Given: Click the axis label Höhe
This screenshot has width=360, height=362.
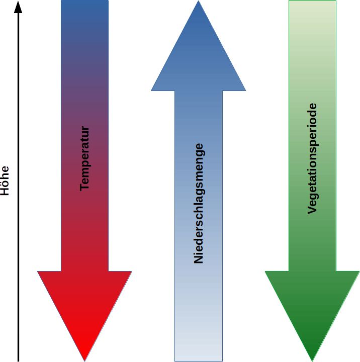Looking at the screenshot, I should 5,181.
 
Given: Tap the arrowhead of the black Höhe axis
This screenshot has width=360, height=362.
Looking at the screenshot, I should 19,7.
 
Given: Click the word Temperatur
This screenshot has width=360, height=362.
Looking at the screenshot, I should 84,158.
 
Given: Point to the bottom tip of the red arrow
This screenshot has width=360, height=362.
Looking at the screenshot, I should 84,359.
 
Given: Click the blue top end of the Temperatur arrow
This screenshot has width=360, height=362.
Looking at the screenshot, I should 84,8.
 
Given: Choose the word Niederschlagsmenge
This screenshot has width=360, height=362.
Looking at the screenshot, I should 199,203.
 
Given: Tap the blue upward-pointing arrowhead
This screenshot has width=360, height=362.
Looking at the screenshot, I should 199,55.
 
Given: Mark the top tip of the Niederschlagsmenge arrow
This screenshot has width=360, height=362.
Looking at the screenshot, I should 199,2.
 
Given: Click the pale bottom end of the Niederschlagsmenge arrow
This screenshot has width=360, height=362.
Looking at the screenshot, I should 199,354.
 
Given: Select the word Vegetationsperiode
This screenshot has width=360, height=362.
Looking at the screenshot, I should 312,158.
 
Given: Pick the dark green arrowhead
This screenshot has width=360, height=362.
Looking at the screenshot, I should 312,307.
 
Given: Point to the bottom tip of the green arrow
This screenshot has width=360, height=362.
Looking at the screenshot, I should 312,359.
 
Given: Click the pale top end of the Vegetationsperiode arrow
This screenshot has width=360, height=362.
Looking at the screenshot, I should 312,8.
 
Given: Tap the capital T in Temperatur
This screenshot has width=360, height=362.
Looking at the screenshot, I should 84,187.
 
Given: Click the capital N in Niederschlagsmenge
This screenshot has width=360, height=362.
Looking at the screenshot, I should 199,259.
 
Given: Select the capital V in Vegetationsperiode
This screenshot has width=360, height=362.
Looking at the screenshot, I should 312,210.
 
